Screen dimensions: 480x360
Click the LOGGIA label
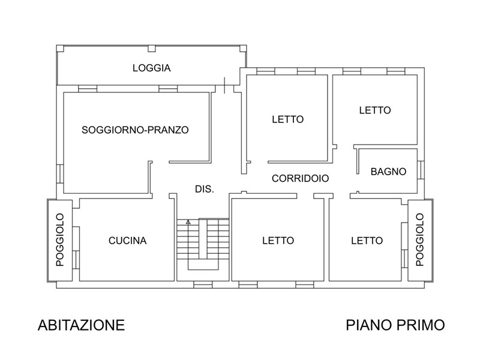[x=152, y=68]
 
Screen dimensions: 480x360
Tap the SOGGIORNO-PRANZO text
[x=135, y=130]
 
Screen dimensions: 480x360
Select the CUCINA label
[x=128, y=241]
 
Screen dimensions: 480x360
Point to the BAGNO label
[x=388, y=172]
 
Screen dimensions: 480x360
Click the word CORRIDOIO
[x=301, y=178]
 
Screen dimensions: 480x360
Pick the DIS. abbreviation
[x=205, y=189]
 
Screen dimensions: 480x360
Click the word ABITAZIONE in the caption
[x=81, y=325]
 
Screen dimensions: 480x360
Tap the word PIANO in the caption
[x=366, y=325]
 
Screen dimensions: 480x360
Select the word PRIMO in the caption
[x=418, y=325]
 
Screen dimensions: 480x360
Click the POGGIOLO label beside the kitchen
[x=60, y=240]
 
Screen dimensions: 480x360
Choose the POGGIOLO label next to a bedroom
[x=419, y=240]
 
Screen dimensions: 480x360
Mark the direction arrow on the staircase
[x=188, y=222]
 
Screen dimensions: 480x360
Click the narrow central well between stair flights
[x=203, y=239]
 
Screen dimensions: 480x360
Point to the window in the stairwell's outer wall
[x=203, y=285]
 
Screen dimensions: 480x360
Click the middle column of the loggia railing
[x=152, y=49]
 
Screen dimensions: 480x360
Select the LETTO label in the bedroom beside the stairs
[x=278, y=241]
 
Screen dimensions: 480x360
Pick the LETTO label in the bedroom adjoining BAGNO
[x=375, y=110]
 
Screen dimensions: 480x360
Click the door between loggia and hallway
[x=224, y=86]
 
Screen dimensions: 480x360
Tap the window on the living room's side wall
[x=60, y=175]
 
